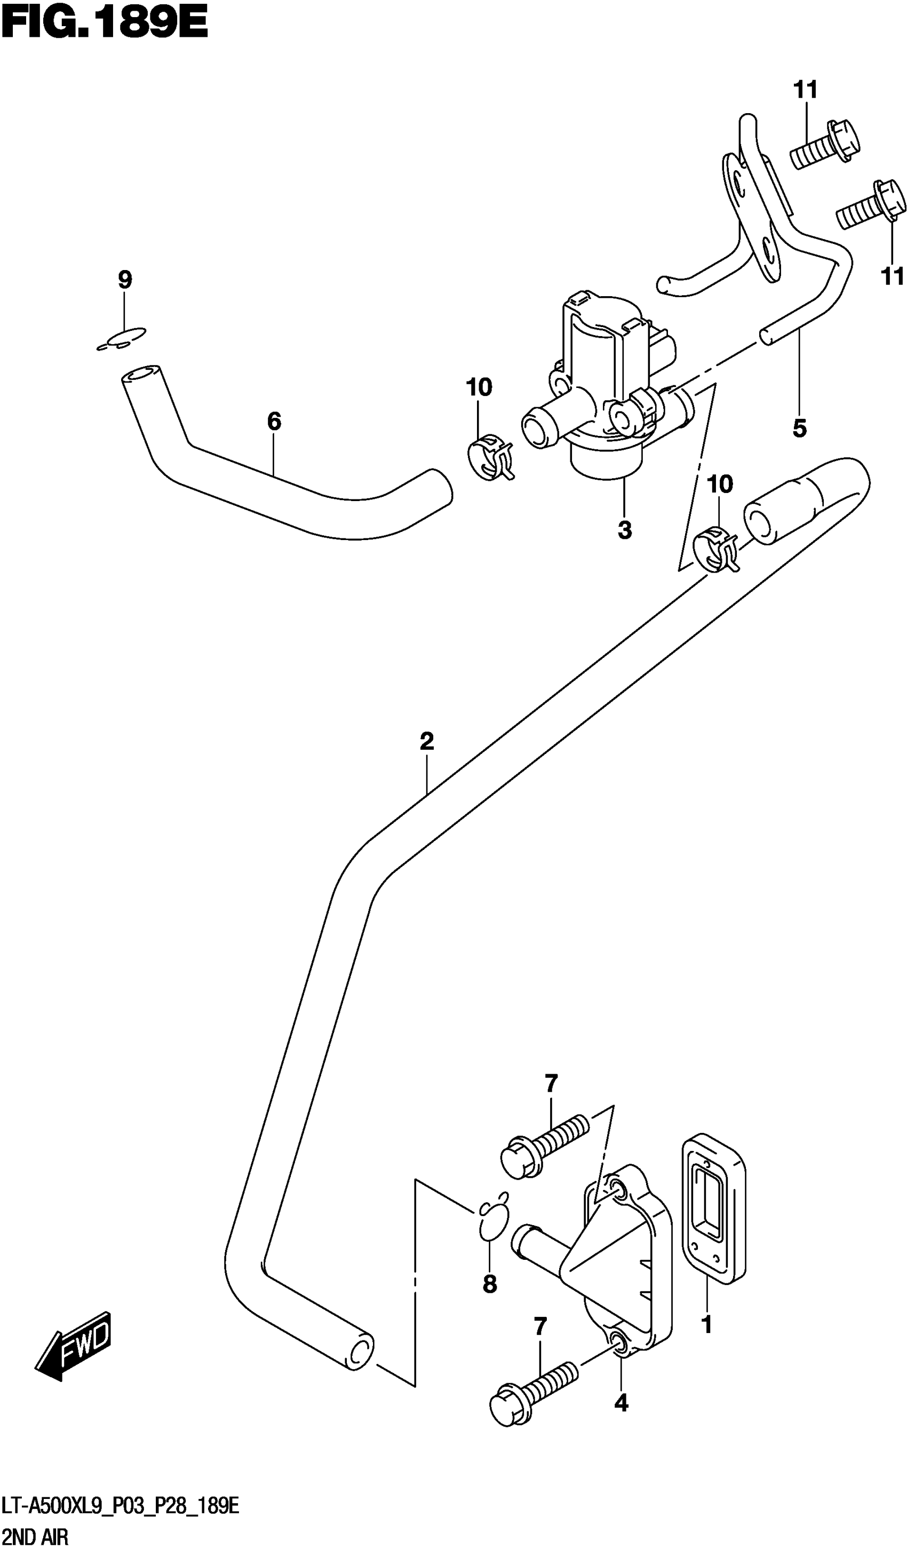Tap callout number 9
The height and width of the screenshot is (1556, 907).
pos(125,280)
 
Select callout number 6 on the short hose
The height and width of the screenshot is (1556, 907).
pos(274,421)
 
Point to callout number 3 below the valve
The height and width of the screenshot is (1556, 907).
pos(624,529)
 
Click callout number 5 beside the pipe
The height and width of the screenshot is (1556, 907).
pos(800,427)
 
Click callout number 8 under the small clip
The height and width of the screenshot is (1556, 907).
pos(490,1284)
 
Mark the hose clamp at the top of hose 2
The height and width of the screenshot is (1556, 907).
pos(716,547)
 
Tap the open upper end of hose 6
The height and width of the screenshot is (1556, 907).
pos(141,375)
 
